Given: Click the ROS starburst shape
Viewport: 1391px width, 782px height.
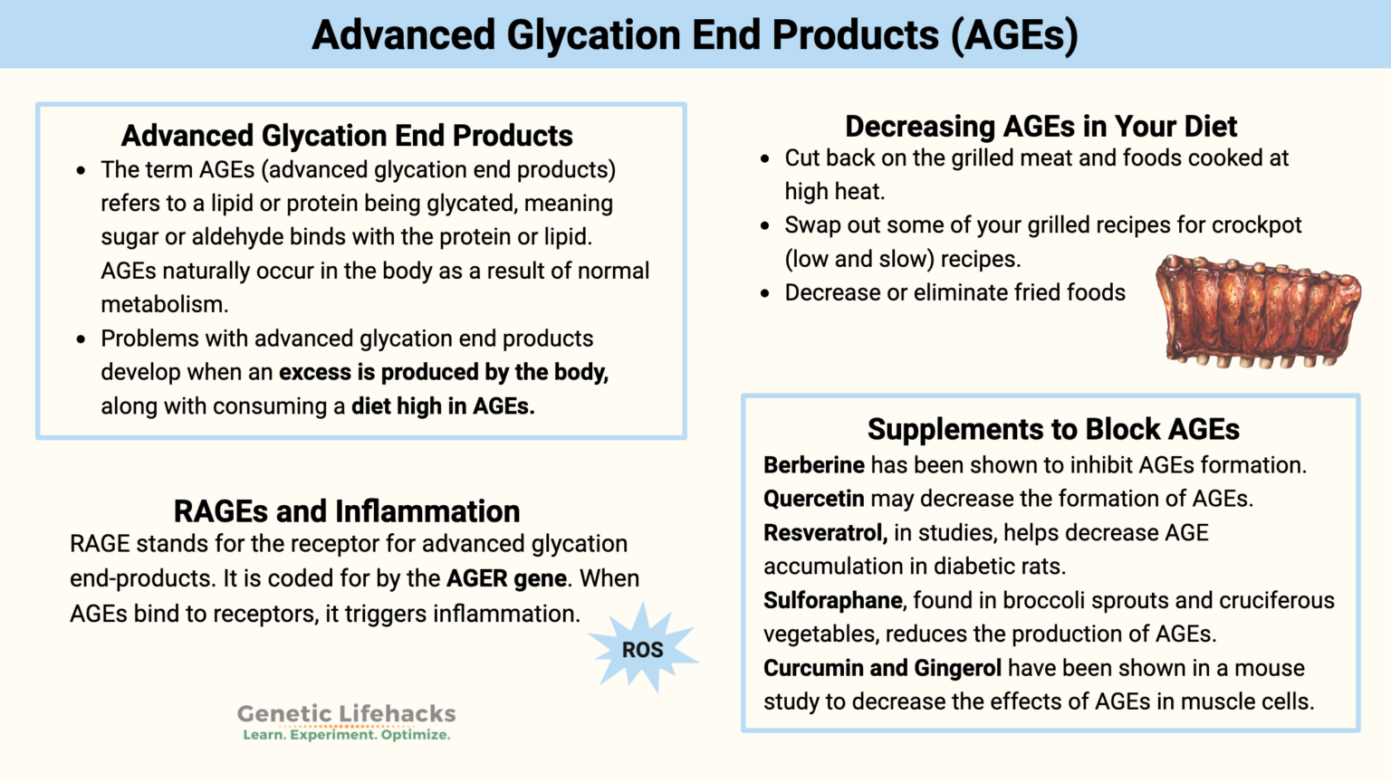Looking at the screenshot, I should click(642, 649).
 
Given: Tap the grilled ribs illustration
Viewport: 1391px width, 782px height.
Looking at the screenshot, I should click(1259, 311).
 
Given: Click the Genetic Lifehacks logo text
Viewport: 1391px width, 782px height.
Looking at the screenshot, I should click(346, 714).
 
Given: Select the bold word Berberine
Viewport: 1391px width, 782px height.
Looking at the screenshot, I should click(813, 465).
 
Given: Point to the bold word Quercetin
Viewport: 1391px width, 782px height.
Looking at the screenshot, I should click(813, 499).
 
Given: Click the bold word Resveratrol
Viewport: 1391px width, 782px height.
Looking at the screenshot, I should click(824, 533).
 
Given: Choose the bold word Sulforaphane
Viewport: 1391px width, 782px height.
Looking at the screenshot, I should click(833, 601).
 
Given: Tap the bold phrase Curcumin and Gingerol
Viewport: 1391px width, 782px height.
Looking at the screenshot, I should click(882, 669).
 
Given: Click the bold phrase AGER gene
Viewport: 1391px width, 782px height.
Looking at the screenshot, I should click(506, 578).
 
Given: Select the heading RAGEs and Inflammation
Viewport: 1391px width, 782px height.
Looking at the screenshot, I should click(346, 511).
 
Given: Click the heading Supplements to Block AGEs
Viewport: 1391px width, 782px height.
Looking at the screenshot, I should click(1052, 429).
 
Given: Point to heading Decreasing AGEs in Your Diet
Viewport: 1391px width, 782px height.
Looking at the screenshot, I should click(1041, 126).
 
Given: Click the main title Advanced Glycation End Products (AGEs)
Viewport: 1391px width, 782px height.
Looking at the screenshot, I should click(695, 35).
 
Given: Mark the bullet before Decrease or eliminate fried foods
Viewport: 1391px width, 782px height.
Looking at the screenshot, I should click(765, 293).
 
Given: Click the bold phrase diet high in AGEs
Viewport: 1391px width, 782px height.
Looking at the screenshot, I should click(443, 406).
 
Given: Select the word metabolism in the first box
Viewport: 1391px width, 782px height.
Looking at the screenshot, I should click(163, 305).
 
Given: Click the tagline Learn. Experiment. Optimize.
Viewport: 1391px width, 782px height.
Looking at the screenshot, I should click(346, 735).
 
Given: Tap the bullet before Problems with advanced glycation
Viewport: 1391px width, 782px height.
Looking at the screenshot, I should click(82, 339).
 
